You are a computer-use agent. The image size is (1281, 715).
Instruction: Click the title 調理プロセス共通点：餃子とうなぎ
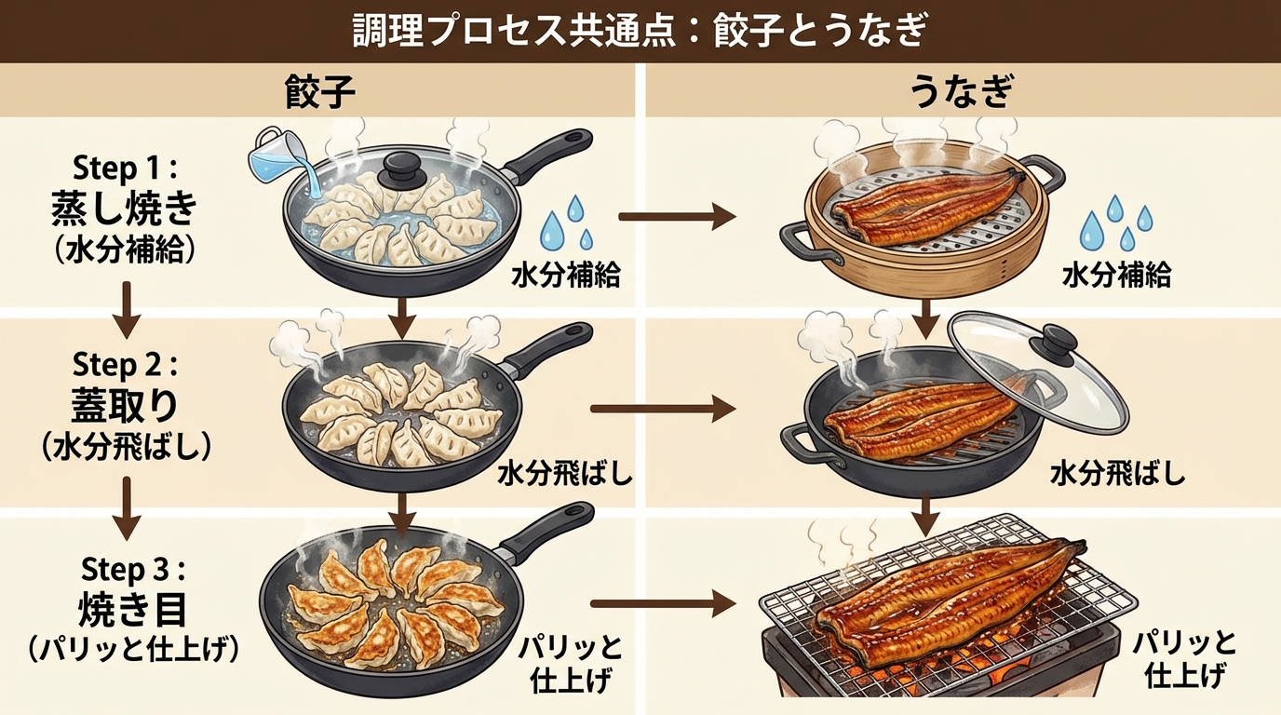click(640, 32)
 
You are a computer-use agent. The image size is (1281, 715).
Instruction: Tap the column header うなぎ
click(962, 94)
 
